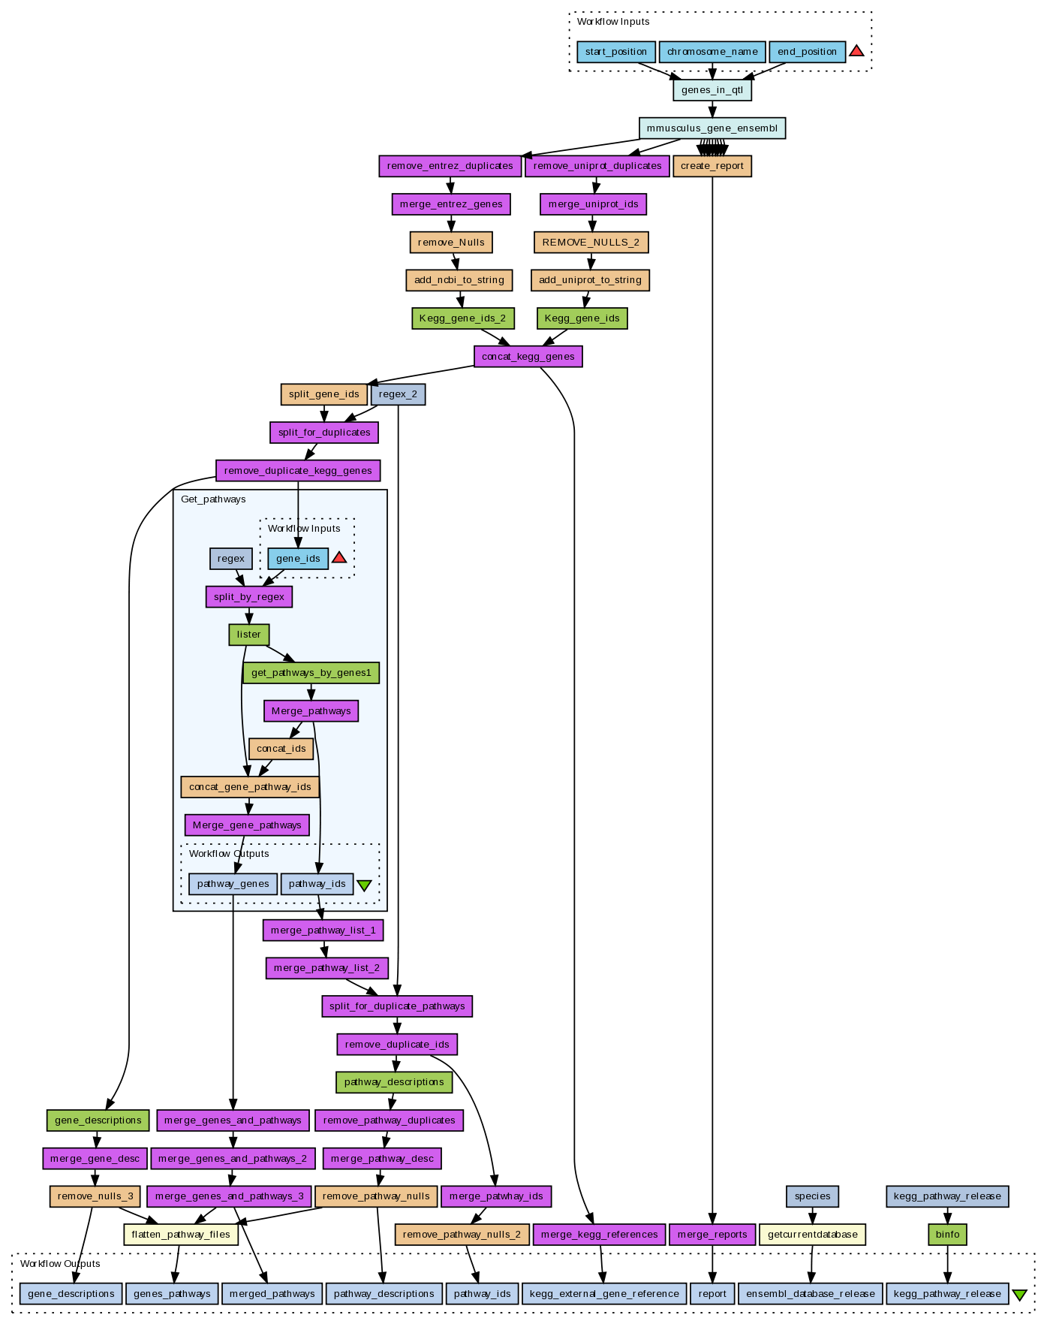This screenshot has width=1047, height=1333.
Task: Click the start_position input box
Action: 615,52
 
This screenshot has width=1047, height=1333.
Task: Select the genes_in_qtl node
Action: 712,90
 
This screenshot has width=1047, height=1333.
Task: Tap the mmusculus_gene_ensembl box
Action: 712,128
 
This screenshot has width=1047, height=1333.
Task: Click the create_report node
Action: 712,166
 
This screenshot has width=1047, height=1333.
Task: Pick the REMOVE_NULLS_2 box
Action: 591,243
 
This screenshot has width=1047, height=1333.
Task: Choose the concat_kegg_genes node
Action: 528,356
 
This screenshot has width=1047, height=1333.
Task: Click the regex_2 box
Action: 398,394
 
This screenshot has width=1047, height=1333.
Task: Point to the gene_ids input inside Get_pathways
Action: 298,558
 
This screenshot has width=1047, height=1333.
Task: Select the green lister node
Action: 248,635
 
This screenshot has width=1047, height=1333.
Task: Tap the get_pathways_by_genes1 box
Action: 311,673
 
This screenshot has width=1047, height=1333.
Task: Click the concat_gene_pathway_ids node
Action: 250,787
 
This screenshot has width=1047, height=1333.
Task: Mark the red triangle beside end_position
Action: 856,51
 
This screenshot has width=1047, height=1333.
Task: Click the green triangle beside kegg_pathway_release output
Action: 1019,1295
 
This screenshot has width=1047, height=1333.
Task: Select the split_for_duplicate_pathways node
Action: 397,1006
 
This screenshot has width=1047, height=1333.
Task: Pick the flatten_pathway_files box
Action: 181,1234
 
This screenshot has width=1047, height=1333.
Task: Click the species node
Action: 812,1196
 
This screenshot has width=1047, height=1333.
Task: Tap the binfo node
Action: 947,1234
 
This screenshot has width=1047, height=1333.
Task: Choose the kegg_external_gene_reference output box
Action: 604,1294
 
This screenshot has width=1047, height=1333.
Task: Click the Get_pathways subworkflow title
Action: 213,499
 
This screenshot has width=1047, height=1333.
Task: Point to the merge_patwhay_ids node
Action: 496,1196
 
